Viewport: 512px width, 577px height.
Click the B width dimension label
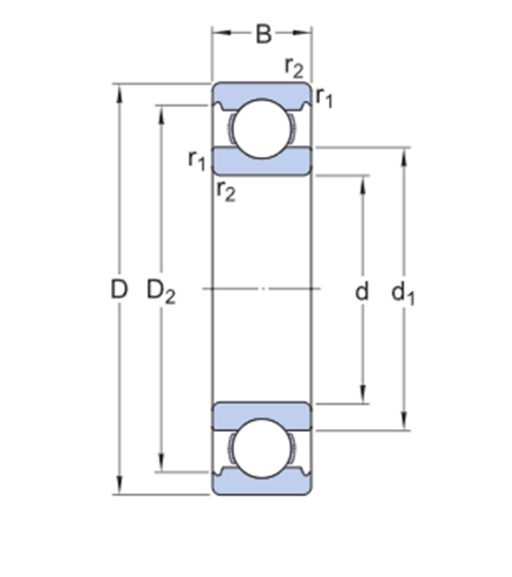[263, 34]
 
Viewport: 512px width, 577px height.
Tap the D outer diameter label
[119, 288]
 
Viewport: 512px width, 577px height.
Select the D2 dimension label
[161, 291]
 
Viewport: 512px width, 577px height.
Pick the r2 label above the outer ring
[294, 68]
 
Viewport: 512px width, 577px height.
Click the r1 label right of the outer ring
[324, 98]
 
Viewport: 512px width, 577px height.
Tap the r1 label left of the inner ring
[197, 160]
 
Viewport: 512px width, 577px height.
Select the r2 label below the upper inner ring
[226, 191]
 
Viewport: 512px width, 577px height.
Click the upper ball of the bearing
[261, 129]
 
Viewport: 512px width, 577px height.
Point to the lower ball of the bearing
[261, 449]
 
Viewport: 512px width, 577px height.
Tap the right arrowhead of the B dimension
[302, 32]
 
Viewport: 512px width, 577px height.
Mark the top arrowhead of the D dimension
[119, 94]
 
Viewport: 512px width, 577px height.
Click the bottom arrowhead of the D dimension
[119, 485]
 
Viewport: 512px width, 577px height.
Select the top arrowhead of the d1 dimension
[404, 158]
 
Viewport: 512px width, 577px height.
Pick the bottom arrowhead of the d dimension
[363, 395]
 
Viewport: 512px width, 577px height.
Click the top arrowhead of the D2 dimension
[161, 115]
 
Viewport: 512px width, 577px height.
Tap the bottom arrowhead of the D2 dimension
[161, 463]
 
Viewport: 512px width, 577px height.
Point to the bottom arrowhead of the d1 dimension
[404, 421]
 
